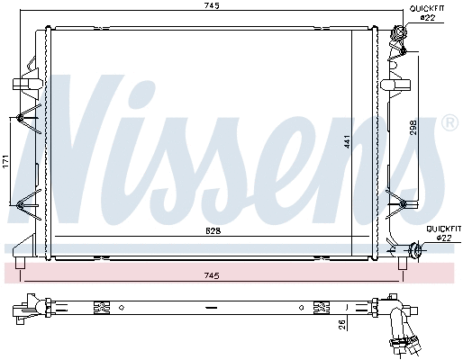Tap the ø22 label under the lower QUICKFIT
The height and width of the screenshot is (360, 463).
[443, 238]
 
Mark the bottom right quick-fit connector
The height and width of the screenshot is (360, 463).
[414, 251]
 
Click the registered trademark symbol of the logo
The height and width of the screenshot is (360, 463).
[449, 121]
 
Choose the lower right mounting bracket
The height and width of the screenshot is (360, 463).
[396, 203]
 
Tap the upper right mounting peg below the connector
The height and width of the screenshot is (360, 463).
[395, 85]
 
